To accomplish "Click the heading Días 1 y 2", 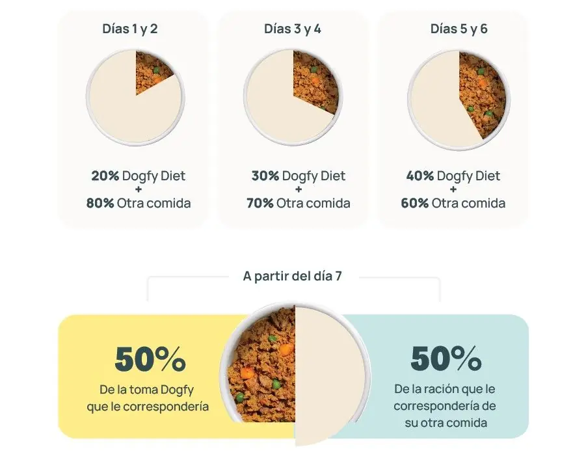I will coord(129,29).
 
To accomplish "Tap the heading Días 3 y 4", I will coord(292,29).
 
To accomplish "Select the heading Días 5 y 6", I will coord(459,29).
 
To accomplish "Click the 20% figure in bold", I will coord(105,176).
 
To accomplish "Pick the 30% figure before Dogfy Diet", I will coord(265,176).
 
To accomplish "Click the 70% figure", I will coord(260,203).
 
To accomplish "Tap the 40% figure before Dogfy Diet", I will coord(420,176).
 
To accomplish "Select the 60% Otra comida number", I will coord(414,203).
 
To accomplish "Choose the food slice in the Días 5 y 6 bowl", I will coord(481,91).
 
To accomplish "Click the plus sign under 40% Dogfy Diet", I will coord(453,189).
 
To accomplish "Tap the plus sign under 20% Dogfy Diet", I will coord(139,189).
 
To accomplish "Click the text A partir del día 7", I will coord(292,276).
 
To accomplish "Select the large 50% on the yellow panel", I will coord(150,359).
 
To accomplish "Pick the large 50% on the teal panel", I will coord(446,359).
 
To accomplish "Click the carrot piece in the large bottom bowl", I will coord(246,373).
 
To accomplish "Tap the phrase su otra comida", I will coord(445,422).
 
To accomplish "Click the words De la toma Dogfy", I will coord(147,390).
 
